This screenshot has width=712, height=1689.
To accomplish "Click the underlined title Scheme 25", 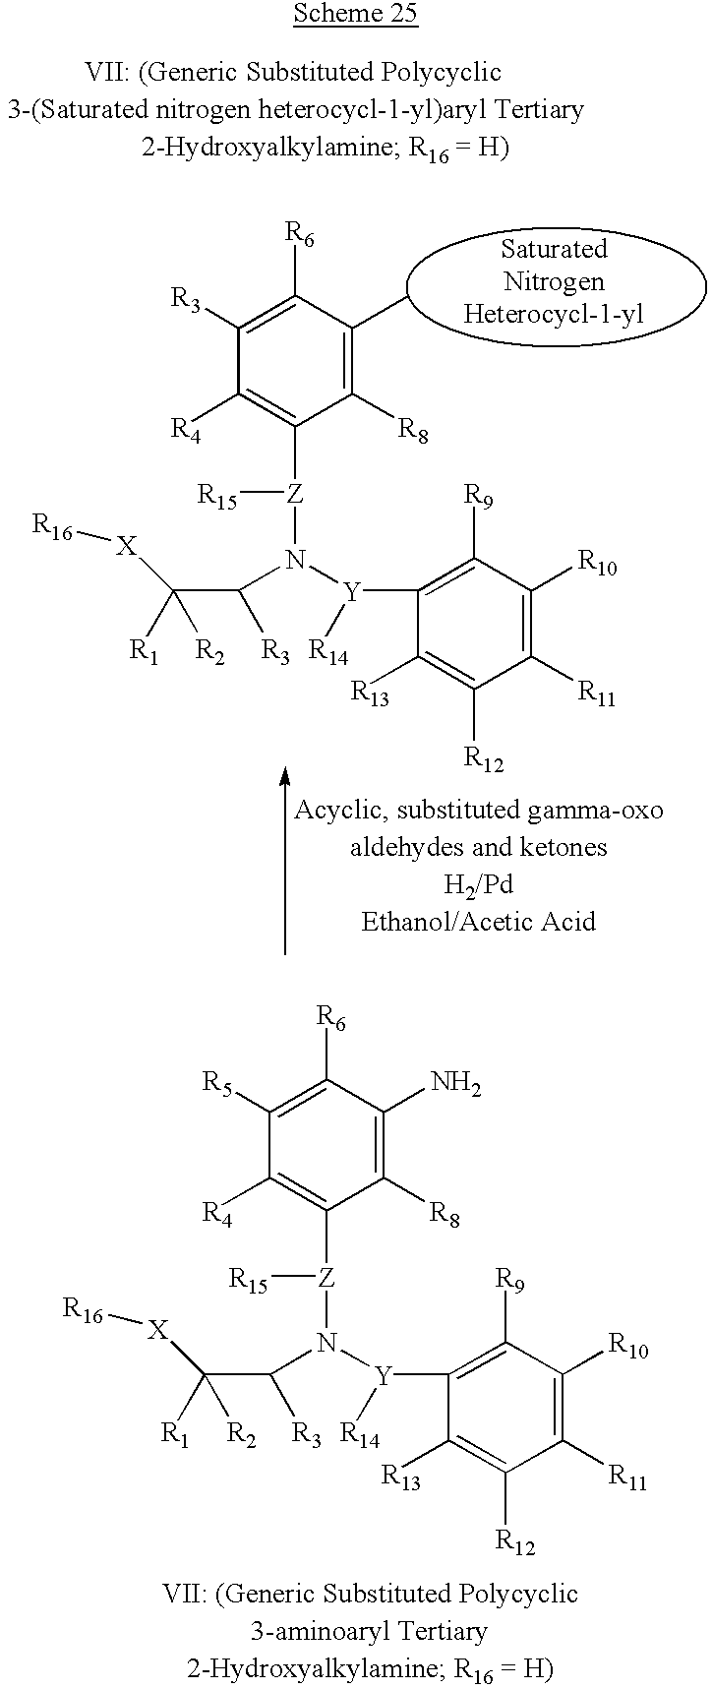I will point(355,13).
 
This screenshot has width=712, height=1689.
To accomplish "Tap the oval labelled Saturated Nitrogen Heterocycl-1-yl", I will point(555,282).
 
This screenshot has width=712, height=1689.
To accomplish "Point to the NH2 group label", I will point(456,1085).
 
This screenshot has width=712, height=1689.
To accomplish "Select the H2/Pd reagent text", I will point(478,884).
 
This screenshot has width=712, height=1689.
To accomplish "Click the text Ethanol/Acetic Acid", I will point(478,922).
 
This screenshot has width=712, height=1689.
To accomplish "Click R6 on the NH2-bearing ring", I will point(331,1021).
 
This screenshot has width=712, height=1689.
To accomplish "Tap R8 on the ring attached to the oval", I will point(413,430).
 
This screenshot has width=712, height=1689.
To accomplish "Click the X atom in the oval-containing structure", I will point(127,547).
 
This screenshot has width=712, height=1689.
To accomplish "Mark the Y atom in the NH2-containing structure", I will point(384,1376).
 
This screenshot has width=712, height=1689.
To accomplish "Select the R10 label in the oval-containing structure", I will point(597,563).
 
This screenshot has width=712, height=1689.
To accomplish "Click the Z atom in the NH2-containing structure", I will point(326,1278).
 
